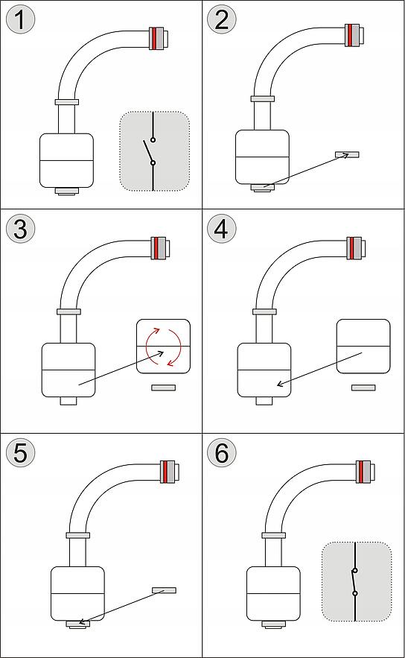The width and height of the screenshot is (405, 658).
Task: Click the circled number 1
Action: pos(21,19)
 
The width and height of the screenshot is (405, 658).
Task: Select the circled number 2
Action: pos(222,19)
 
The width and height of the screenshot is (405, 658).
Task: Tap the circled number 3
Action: pos(21,229)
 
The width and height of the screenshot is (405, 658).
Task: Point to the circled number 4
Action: pos(222,229)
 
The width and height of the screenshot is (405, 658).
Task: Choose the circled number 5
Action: pos(21,453)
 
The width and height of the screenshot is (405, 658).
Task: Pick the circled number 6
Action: pos(222,453)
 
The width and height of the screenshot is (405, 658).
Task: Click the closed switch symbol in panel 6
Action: pos(355,581)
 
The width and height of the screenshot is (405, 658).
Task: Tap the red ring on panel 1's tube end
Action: pos(154,39)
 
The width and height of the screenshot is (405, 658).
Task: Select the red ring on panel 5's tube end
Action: pos(166,472)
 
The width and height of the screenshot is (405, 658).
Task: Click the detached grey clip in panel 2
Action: pos(347,154)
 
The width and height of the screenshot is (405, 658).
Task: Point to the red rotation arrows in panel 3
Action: pos(164,347)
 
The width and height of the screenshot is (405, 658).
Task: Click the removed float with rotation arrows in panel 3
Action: pos(164,347)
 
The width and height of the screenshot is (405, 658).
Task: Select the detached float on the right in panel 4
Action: pos(363,347)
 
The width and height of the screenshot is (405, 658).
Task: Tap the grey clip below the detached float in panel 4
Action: pos(363,387)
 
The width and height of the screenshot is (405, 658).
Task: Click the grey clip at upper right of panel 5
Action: pos(165,590)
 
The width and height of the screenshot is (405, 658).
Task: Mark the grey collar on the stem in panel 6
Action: pos(274,535)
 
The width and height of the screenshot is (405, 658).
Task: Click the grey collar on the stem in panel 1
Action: pos(67,102)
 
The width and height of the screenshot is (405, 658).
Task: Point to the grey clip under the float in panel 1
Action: pos(67,191)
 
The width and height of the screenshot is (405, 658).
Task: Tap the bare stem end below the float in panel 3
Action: pos(68,401)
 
